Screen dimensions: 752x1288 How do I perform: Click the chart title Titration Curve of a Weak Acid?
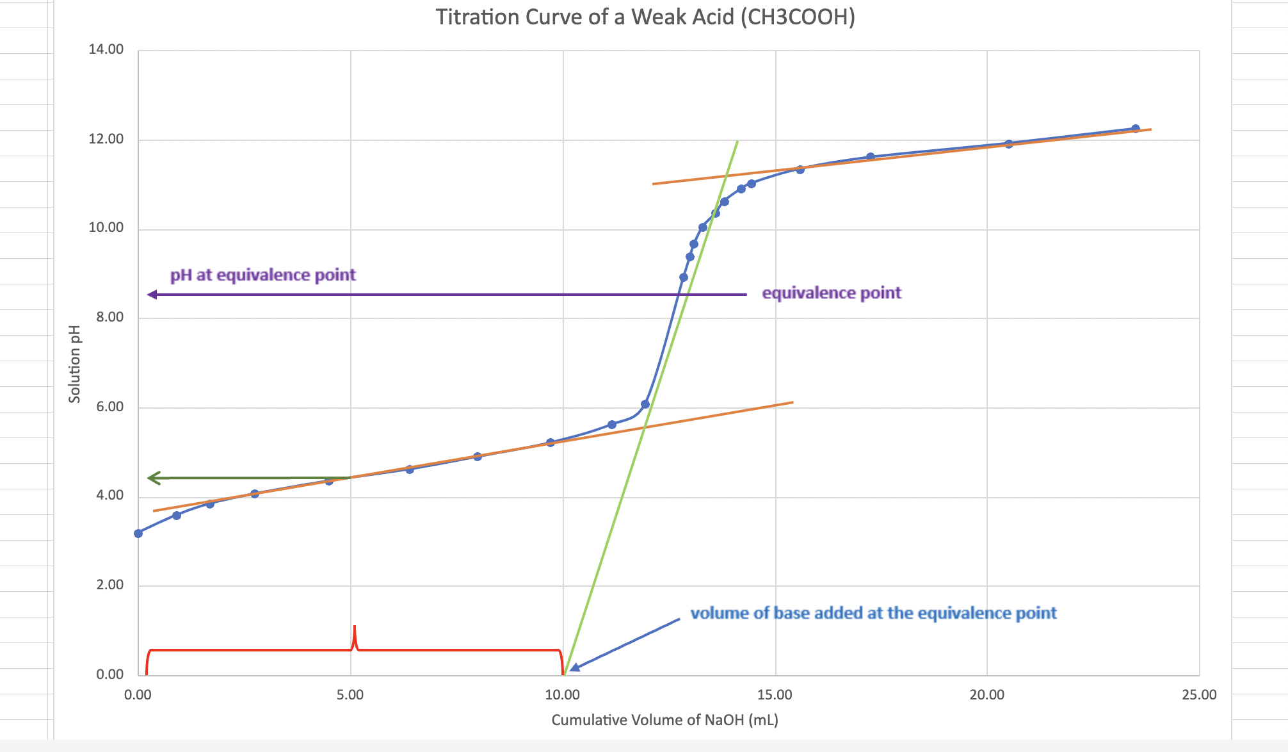[x=645, y=17]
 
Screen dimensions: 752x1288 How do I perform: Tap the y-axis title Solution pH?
[x=75, y=364]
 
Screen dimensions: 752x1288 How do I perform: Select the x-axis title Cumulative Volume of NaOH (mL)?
[x=664, y=720]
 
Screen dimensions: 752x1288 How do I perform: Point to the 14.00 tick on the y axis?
[x=106, y=50]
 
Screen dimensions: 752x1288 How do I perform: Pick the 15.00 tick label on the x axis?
[x=775, y=695]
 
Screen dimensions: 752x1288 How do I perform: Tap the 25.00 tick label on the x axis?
[x=1199, y=695]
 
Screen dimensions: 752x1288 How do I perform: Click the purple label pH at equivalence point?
[x=262, y=275]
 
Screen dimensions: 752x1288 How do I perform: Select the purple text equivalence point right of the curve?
[x=831, y=293]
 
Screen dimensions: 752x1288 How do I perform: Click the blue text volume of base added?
[x=873, y=613]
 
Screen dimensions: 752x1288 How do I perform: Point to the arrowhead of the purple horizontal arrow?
[x=152, y=295]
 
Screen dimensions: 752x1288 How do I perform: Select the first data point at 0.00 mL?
[x=138, y=533]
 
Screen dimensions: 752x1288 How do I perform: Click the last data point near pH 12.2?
[x=1135, y=129]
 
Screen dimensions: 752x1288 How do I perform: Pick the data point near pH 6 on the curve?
[x=645, y=404]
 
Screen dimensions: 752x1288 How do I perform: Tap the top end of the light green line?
[x=737, y=142]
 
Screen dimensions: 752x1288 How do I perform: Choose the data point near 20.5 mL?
[x=1009, y=144]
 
